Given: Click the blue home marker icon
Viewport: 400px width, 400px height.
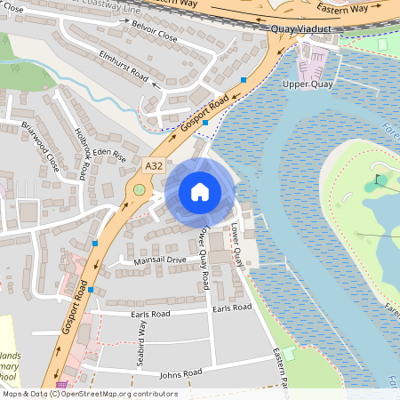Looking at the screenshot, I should [x=200, y=191].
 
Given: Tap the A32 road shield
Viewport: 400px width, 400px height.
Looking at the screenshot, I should [x=153, y=165].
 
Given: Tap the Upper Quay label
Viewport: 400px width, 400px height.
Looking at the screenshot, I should [x=307, y=84].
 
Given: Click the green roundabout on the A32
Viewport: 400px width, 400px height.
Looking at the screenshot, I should [x=138, y=188].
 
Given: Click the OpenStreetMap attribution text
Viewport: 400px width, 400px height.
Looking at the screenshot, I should [x=89, y=394].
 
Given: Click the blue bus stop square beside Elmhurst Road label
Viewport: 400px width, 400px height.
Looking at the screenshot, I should [x=244, y=80].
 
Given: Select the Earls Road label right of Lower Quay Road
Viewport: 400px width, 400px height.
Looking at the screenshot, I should [x=232, y=308].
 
